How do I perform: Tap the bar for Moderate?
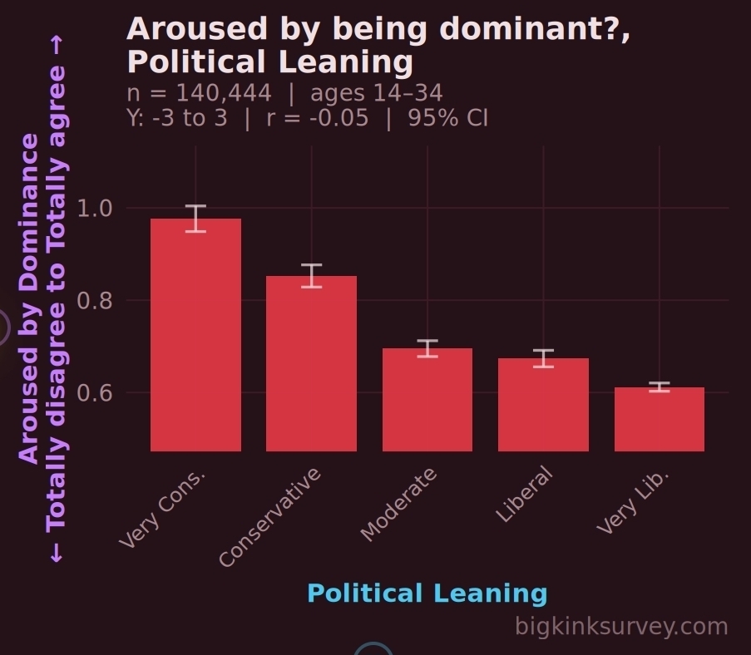pyautogui.click(x=427, y=400)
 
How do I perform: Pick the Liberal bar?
pyautogui.click(x=543, y=405)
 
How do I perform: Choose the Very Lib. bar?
pyautogui.click(x=659, y=419)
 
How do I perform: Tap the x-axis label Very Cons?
pyautogui.click(x=163, y=509)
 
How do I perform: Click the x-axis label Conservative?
pyautogui.click(x=271, y=517)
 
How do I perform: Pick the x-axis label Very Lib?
pyautogui.click(x=634, y=500)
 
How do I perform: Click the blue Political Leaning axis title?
pyautogui.click(x=427, y=593)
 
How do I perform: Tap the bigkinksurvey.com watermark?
pyautogui.click(x=621, y=626)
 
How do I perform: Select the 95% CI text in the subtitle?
pyautogui.click(x=447, y=117)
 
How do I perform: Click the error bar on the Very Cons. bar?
pyautogui.click(x=195, y=218)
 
